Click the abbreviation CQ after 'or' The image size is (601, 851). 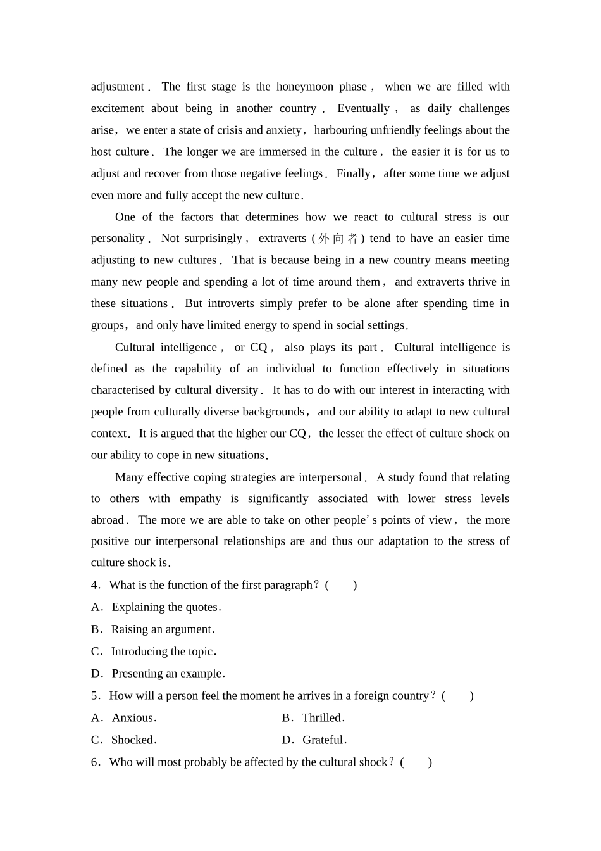tap(259, 347)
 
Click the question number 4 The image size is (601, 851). tap(95, 585)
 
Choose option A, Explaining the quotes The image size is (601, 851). tap(166, 607)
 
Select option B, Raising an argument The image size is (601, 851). tap(163, 629)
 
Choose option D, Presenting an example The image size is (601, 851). tap(168, 674)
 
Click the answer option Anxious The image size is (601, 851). tap(133, 718)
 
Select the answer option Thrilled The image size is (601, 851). tap(322, 718)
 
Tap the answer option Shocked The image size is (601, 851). tap(133, 740)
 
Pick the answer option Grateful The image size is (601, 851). tap(324, 740)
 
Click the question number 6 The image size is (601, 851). tap(95, 762)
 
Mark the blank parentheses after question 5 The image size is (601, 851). tap(457, 696)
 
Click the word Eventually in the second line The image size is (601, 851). tap(363, 108)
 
